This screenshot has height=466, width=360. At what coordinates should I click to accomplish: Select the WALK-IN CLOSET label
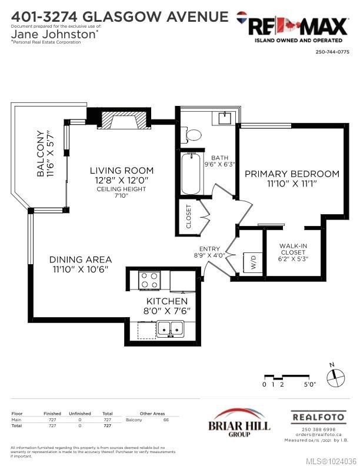(293, 252)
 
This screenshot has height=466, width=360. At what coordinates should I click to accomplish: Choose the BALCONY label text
(46, 154)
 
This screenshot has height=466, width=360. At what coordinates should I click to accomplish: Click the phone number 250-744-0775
(333, 52)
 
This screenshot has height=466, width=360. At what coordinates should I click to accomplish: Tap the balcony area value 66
(166, 420)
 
